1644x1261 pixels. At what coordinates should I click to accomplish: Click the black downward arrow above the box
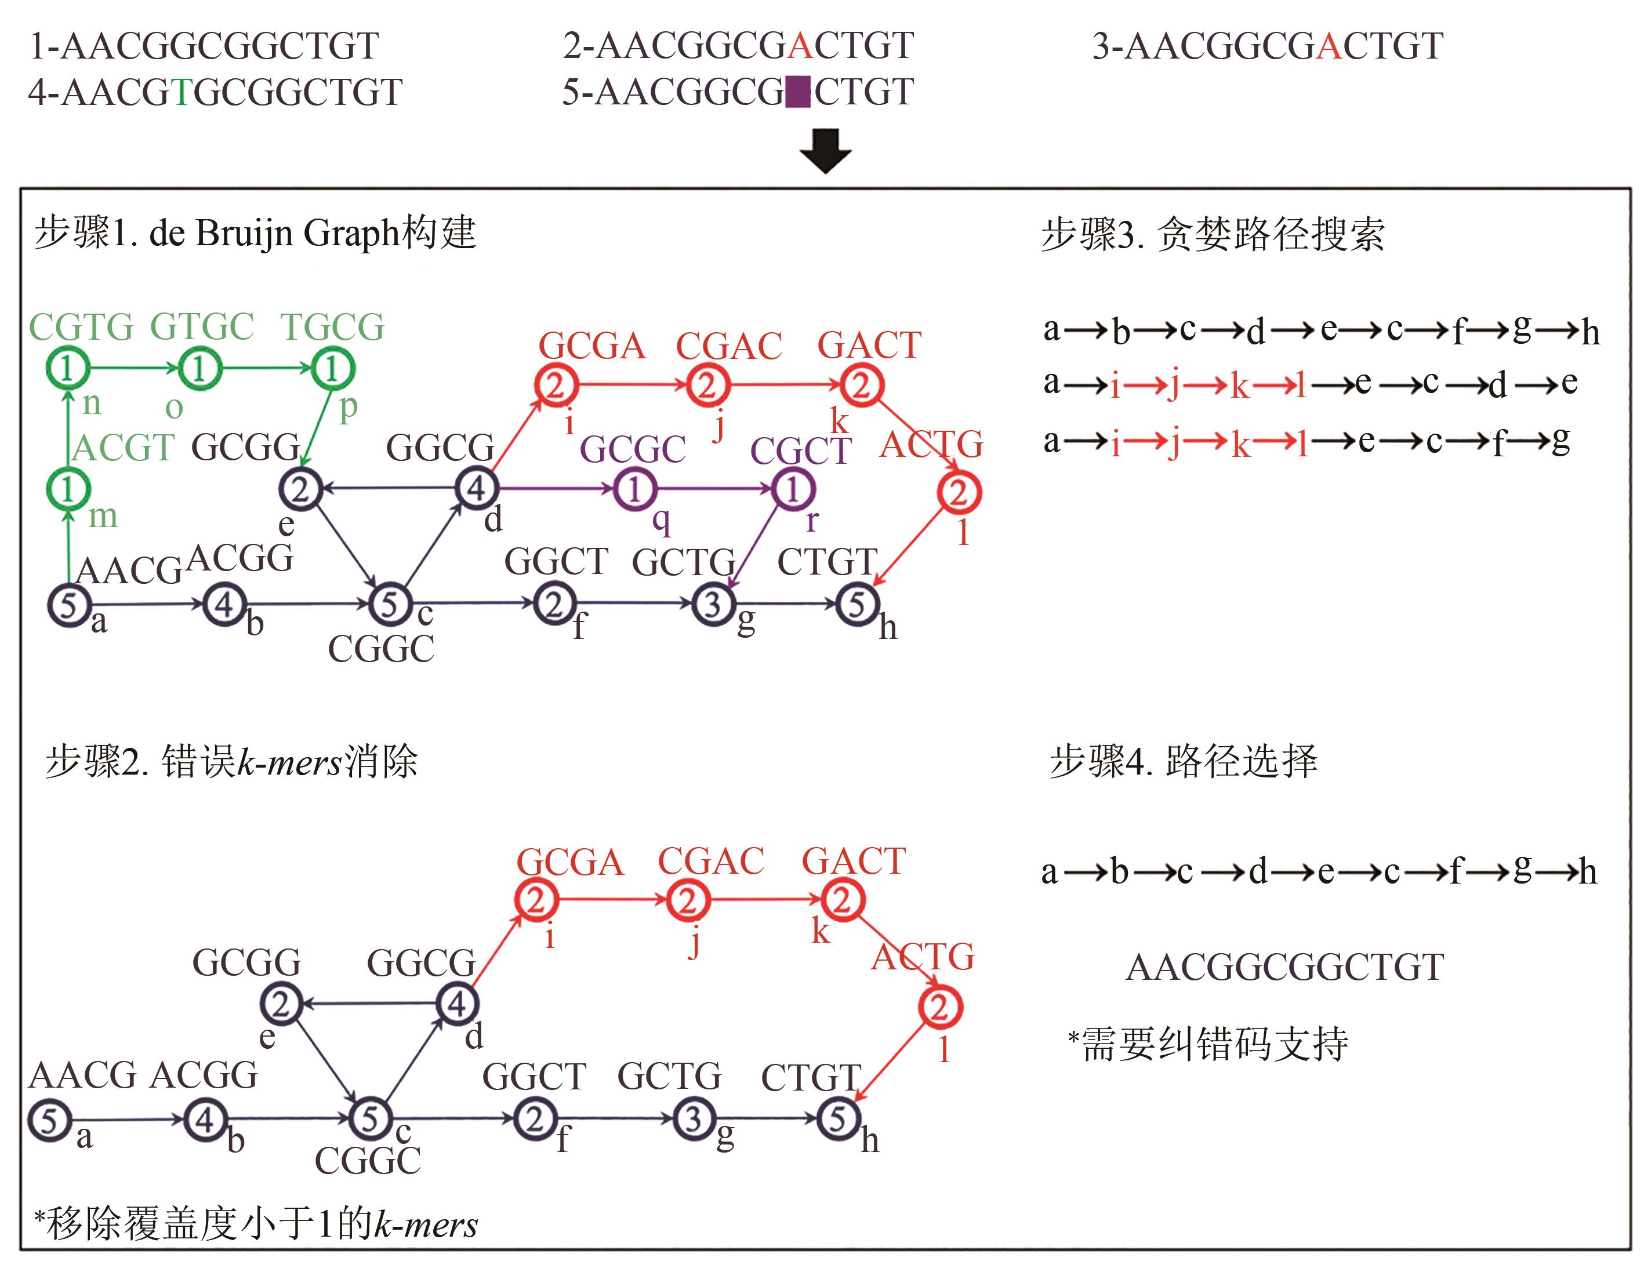[825, 151]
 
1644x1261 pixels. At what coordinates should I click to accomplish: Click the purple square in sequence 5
[798, 92]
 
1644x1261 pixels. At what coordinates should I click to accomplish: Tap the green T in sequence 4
[181, 92]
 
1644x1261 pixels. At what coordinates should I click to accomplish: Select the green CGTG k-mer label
[81, 327]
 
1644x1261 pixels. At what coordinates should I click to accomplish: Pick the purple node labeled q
[635, 489]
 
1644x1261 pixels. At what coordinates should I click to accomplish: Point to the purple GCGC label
[632, 449]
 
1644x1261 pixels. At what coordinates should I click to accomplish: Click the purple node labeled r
[793, 489]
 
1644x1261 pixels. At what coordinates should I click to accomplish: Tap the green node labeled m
[68, 489]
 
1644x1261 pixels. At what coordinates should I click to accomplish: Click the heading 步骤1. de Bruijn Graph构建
[255, 232]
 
